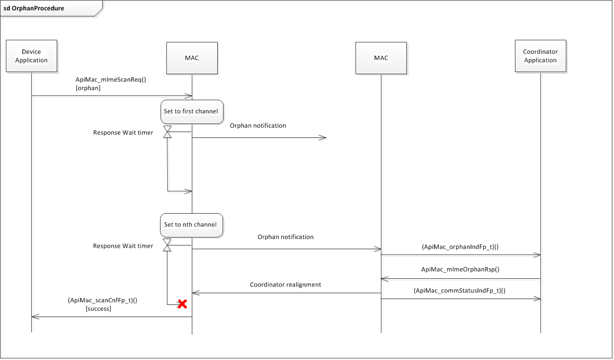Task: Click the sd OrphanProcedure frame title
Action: click(34, 8)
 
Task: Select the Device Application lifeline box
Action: click(31, 56)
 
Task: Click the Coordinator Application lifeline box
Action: click(540, 56)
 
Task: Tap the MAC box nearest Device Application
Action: click(192, 58)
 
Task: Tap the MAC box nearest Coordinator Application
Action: click(381, 58)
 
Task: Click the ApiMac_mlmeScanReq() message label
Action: click(110, 80)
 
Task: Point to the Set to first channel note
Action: click(191, 112)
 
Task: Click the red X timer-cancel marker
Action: click(182, 304)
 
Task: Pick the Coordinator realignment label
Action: click(286, 285)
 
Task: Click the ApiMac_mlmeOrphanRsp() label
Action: click(460, 269)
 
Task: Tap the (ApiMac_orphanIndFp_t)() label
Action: click(460, 247)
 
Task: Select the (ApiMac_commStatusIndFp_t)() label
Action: click(460, 291)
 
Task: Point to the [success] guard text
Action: click(98, 309)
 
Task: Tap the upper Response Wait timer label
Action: click(123, 133)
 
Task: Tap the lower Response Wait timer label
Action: click(123, 246)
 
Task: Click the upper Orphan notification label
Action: click(257, 126)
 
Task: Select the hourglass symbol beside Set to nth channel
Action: click(167, 245)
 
